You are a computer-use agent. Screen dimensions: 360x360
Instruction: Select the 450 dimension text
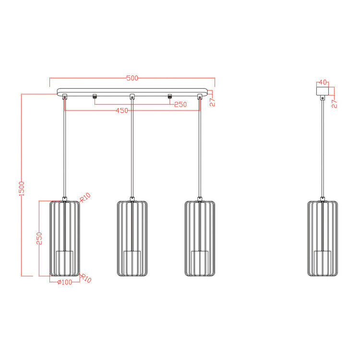coord(122,110)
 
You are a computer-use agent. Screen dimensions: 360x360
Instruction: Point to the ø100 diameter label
coord(64,282)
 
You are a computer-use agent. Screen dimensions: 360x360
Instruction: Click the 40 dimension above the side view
coord(322,82)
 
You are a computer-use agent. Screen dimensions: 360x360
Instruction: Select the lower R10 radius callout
coord(85,278)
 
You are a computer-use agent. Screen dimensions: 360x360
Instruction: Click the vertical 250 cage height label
coord(40,239)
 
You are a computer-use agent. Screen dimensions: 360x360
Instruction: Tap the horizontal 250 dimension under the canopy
coord(180,104)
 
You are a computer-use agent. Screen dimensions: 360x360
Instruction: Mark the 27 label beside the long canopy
coord(213,101)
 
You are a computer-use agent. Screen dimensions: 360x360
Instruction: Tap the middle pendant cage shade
coord(132,239)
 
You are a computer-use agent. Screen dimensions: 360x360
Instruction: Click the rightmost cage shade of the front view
coord(200,239)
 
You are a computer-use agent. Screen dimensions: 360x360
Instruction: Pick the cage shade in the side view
coord(323,239)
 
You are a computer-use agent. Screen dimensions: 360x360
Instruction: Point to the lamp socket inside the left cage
coord(65,262)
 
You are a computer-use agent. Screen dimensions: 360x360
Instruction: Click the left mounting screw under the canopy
coord(95,97)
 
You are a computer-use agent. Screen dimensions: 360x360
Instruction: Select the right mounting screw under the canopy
coord(169,97)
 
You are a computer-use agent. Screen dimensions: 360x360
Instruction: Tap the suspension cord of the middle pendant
coord(132,149)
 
